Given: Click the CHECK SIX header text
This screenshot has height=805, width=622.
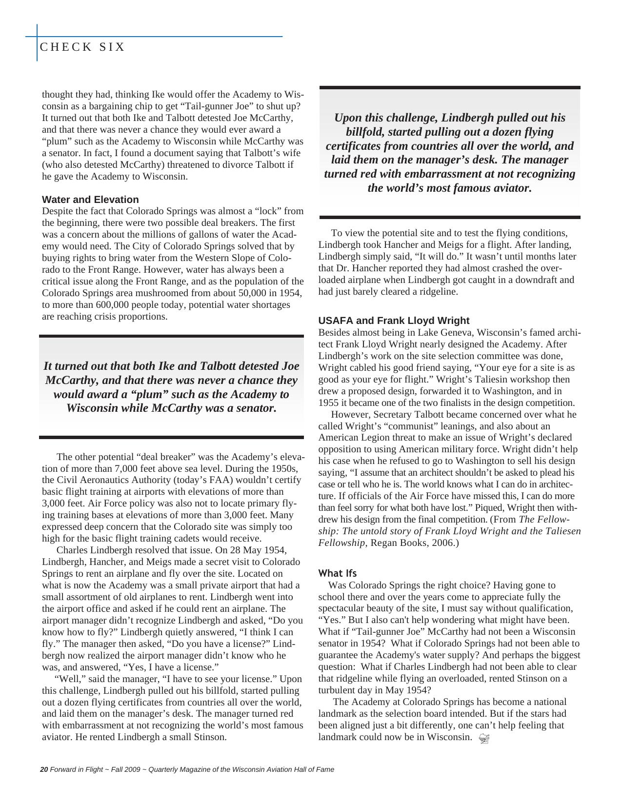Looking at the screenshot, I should pyautogui.click(x=82, y=47).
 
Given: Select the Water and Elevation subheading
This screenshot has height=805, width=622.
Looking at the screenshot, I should pyautogui.click(x=90, y=200).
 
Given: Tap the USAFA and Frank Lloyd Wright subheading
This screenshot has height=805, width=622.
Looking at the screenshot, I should pyautogui.click(x=394, y=321).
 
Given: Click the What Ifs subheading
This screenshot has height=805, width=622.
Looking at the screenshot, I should pyautogui.click(x=338, y=573).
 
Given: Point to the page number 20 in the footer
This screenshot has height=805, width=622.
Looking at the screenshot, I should pyautogui.click(x=43, y=769).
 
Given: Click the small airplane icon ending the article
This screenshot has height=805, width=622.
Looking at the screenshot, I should pyautogui.click(x=483, y=739).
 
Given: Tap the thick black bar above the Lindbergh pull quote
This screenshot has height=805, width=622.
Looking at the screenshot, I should pyautogui.click(x=449, y=88).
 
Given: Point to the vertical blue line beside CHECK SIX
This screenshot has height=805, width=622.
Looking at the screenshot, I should pyautogui.click(x=37, y=43).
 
